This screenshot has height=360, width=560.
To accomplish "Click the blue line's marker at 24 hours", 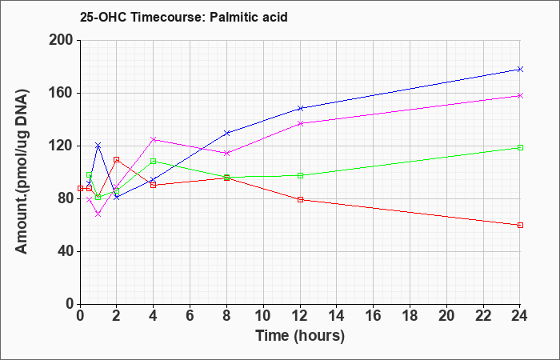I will [x=520, y=70].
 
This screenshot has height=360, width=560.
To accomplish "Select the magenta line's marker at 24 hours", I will [x=520, y=95].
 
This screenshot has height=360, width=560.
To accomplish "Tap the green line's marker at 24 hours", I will [x=520, y=147].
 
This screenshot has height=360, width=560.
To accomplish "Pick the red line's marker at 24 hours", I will [x=520, y=225].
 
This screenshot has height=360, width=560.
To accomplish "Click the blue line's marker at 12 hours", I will [x=300, y=108].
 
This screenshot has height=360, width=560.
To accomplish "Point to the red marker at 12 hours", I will [x=300, y=199].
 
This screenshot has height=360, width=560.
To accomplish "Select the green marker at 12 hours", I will [x=300, y=175].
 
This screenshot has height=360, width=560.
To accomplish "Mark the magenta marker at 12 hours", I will [x=300, y=123].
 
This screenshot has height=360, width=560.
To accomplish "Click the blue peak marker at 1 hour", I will [x=98, y=145].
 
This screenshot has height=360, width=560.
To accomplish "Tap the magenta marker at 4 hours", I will [x=153, y=139].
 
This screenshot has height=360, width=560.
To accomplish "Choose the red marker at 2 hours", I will [x=116, y=159].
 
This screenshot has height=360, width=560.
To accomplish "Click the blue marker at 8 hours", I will [x=226, y=133].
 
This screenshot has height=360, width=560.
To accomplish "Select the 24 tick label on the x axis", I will [x=520, y=315].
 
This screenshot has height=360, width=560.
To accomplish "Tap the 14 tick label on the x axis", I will [x=337, y=315].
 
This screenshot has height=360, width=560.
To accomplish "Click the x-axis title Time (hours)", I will [x=300, y=336].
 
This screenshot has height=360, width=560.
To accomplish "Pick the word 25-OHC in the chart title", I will [x=101, y=15].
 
